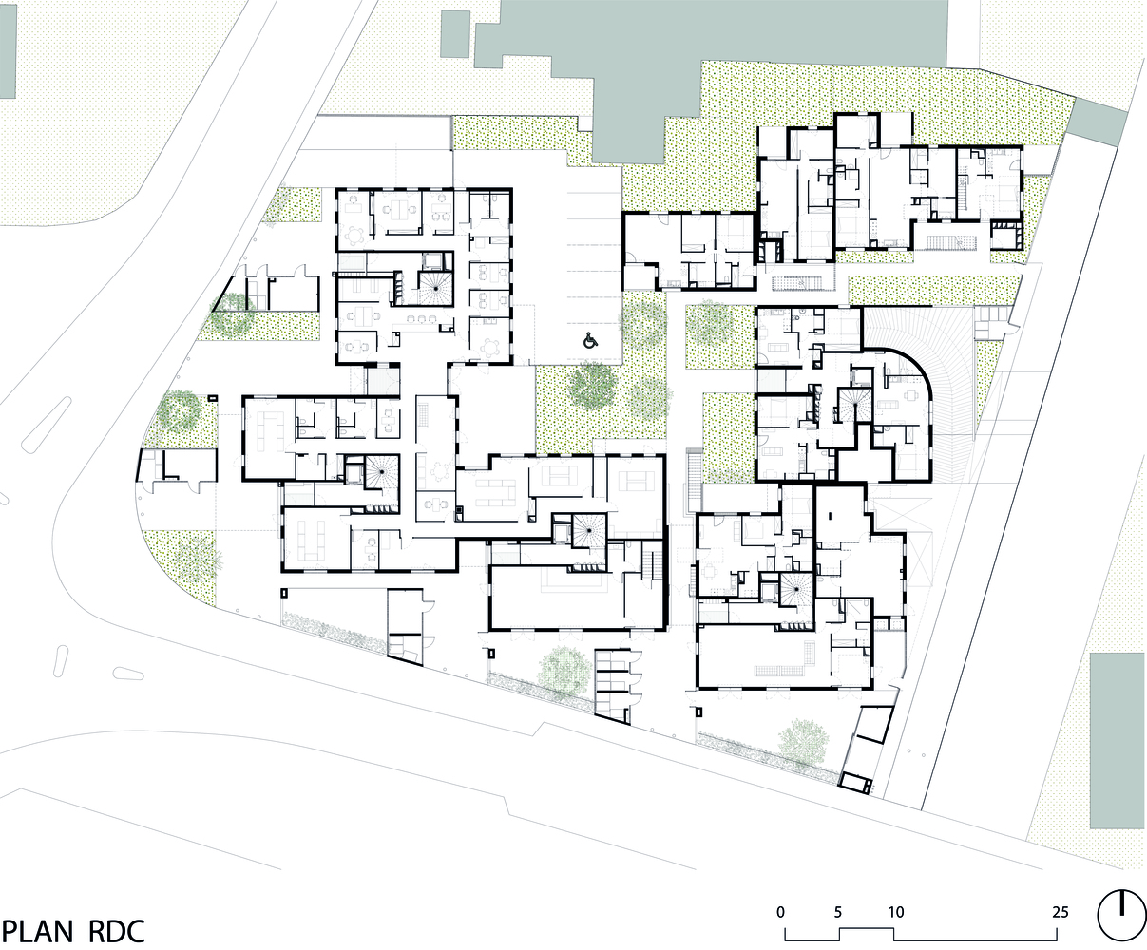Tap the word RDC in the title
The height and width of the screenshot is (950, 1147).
point(119,931)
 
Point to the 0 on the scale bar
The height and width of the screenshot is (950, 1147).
point(780,912)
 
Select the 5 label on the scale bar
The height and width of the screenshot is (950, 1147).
point(838,912)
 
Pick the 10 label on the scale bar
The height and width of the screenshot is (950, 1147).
point(896,912)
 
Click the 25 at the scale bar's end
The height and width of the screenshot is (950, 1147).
point(1061,912)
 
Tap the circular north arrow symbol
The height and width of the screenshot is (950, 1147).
point(1121,915)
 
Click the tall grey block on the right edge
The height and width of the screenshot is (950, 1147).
point(1118,739)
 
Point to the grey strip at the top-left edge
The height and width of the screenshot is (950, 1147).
point(8,47)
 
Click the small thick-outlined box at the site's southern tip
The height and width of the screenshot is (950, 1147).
point(855,782)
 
